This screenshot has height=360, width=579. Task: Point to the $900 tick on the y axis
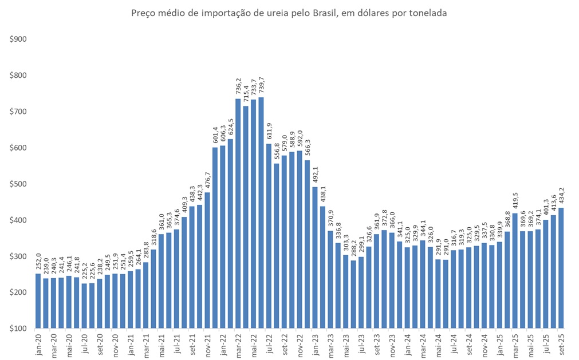pyautogui.click(x=18, y=39)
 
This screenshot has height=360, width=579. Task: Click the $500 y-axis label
pyautogui.click(x=18, y=184)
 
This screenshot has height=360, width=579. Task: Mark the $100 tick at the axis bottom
pyautogui.click(x=18, y=329)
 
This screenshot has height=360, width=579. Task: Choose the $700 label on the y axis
pyautogui.click(x=18, y=112)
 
